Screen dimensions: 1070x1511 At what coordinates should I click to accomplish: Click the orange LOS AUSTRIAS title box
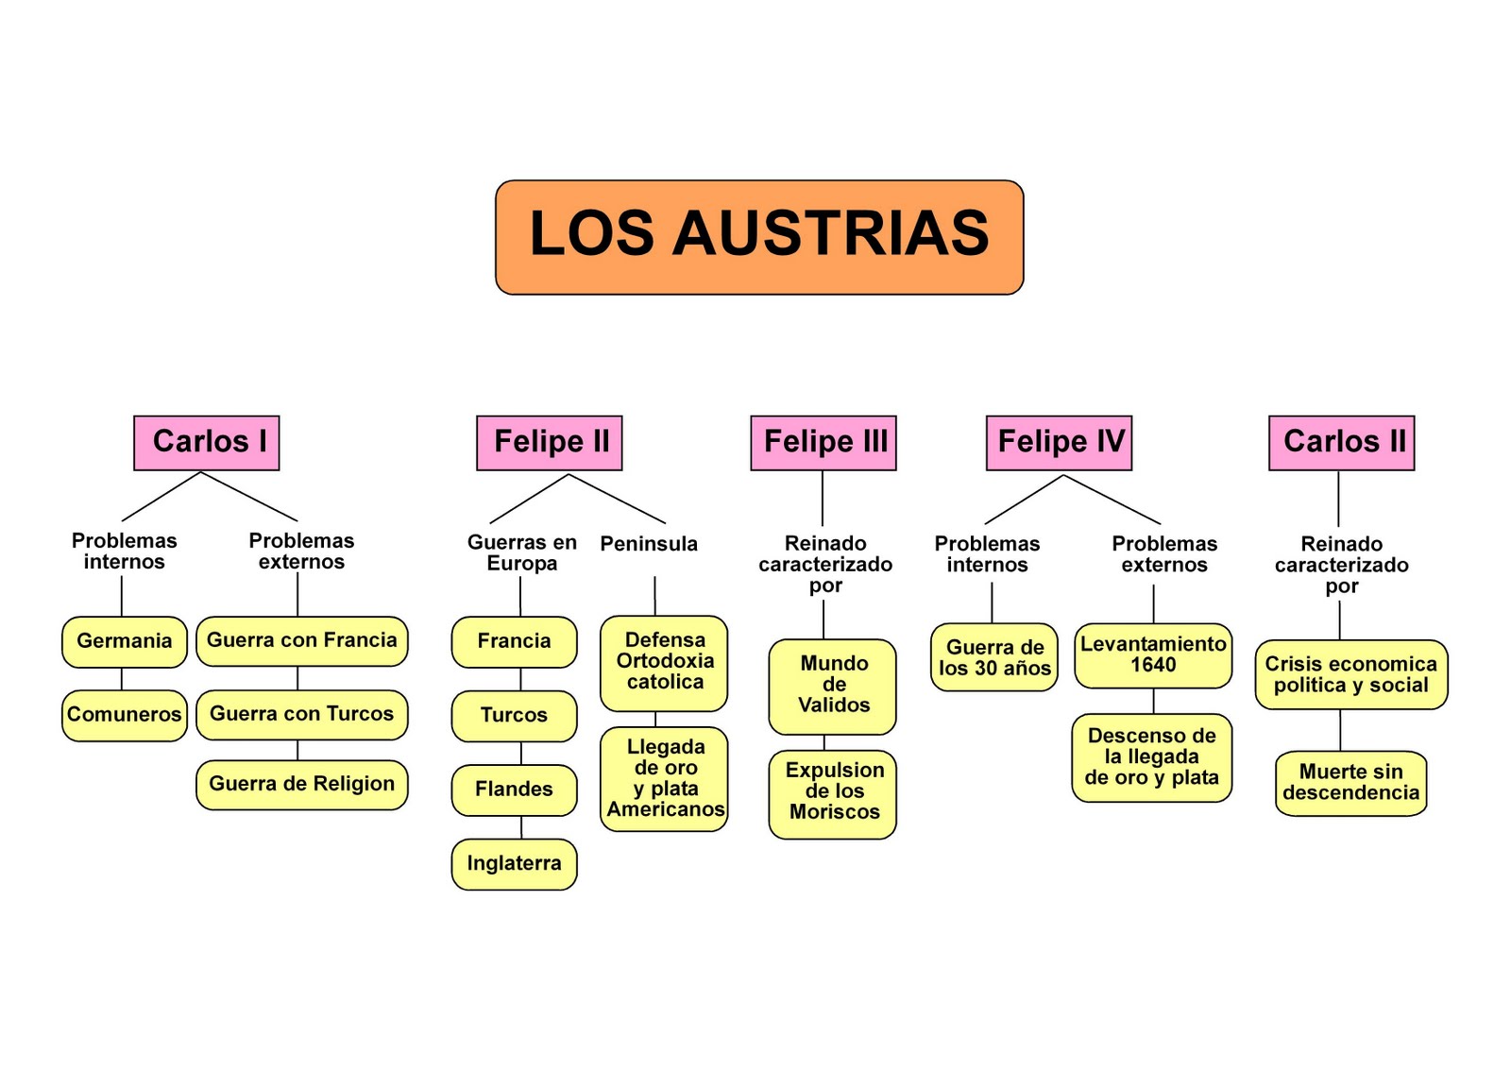pyautogui.click(x=759, y=237)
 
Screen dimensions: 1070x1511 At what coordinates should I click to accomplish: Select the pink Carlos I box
pyautogui.click(x=207, y=442)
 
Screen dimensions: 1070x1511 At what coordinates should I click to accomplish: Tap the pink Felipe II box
pyautogui.click(x=550, y=442)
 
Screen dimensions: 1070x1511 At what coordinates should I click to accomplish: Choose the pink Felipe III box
pyautogui.click(x=823, y=442)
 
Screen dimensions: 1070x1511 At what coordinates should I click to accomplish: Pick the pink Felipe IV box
pyautogui.click(x=1059, y=442)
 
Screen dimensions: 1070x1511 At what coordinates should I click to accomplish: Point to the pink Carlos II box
pyautogui.click(x=1341, y=442)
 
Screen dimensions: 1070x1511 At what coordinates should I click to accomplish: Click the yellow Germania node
pyautogui.click(x=125, y=641)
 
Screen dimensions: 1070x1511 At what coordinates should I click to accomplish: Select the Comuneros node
pyautogui.click(x=125, y=715)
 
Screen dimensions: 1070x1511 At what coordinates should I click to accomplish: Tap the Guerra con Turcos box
pyautogui.click(x=302, y=714)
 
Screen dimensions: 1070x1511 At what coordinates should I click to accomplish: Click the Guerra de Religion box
pyautogui.click(x=302, y=784)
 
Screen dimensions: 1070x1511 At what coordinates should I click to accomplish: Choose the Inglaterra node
pyautogui.click(x=514, y=863)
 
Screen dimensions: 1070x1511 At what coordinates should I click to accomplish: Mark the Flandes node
pyautogui.click(x=514, y=790)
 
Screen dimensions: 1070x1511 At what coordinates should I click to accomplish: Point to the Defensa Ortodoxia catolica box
pyautogui.click(x=664, y=662)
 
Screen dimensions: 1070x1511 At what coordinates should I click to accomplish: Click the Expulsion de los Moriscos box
pyautogui.click(x=833, y=792)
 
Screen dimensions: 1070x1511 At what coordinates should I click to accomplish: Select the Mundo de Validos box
pyautogui.click(x=833, y=686)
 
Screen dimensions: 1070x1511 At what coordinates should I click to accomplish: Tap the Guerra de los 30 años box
pyautogui.click(x=994, y=657)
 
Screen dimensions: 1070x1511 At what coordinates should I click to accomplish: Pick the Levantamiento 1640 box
pyautogui.click(x=1153, y=654)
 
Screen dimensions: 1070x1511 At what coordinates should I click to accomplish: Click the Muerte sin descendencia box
pyautogui.click(x=1350, y=783)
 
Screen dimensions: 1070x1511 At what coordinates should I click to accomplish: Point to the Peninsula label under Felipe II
pyautogui.click(x=649, y=544)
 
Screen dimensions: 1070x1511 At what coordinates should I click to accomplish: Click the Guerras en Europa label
pyautogui.click(x=521, y=553)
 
